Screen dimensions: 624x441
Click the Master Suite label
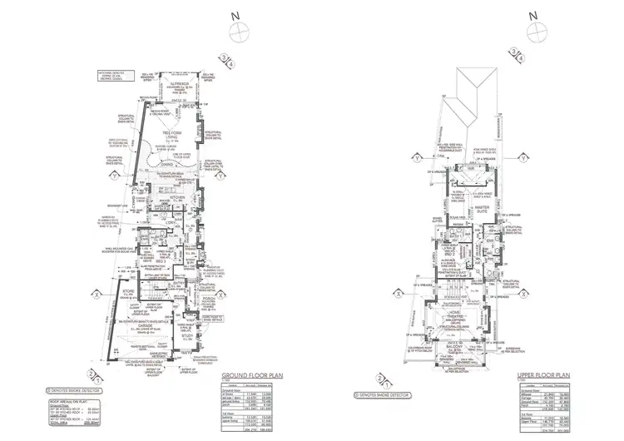click(x=480, y=210)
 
